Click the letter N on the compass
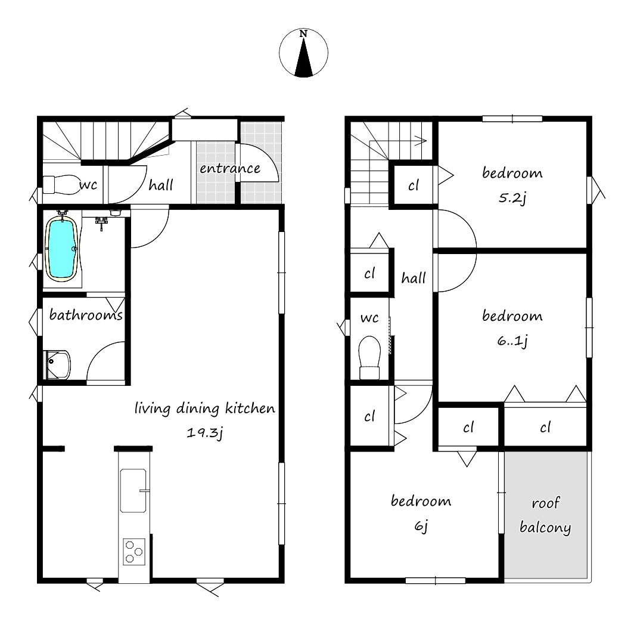[303, 34]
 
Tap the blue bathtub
[61, 248]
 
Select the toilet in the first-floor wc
[61, 185]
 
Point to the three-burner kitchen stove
[134, 552]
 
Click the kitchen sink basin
[133, 491]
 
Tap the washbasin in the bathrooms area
[57, 365]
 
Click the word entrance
[230, 168]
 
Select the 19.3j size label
[204, 433]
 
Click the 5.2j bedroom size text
[512, 198]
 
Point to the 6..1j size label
[512, 341]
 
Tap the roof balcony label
[545, 515]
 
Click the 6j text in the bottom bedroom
[421, 526]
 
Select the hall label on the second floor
[414, 278]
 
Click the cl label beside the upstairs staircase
[414, 185]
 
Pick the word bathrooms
[86, 314]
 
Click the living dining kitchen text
[204, 409]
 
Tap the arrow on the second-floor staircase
[398, 141]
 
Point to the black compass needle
[304, 57]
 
